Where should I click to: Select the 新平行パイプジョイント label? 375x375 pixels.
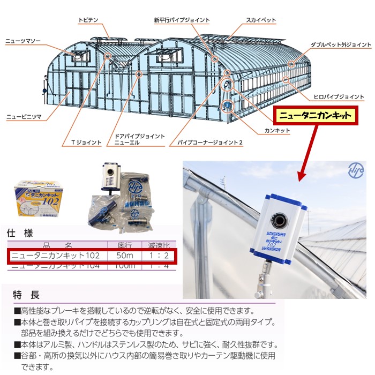[x=182, y=20]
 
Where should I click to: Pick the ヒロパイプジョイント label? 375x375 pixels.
[x=339, y=97]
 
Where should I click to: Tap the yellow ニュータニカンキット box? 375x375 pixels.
[x=316, y=115]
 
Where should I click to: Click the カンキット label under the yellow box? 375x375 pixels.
[x=277, y=130]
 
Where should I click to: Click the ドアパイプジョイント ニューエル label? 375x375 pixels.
[x=140, y=140]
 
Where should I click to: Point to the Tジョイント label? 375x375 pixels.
[x=86, y=142]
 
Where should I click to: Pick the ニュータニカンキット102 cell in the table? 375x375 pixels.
[x=56, y=256]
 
